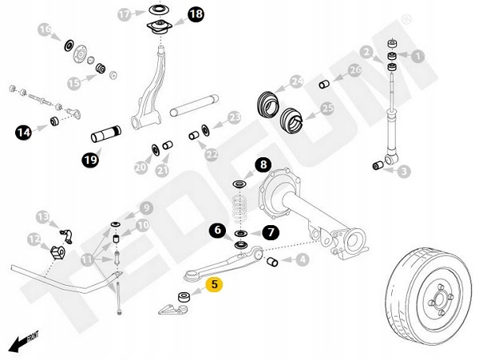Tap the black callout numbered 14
pos(23,131)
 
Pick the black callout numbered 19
pos(90,161)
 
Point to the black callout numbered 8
pos(263,167)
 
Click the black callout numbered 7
pos(270,233)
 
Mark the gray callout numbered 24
pos(297,81)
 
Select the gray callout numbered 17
pos(124,14)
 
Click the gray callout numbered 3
pos(404,171)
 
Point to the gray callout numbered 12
pos(33,239)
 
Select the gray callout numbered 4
pos(302,259)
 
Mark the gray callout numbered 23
pos(234,117)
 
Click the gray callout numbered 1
pos(416,56)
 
